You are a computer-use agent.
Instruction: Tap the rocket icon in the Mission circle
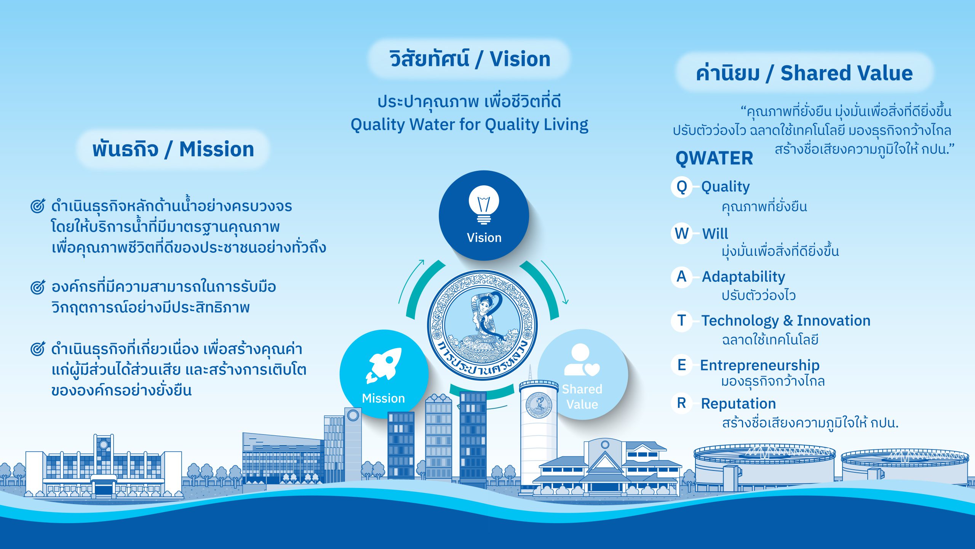384,365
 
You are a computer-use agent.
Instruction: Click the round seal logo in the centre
482,325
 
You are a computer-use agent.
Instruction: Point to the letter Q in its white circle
682,187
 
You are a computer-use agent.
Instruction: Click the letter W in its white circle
682,233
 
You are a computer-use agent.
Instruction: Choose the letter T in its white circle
682,321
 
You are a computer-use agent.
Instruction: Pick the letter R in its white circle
682,403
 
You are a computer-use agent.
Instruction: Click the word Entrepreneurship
760,366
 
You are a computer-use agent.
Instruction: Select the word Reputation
738,403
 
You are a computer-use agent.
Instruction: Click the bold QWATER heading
714,158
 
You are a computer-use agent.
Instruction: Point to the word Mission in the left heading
216,149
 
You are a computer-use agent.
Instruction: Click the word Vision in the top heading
520,59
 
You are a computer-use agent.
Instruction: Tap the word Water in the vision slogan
432,125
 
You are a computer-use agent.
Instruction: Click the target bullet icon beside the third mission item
38,348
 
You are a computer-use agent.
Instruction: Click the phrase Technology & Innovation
786,321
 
